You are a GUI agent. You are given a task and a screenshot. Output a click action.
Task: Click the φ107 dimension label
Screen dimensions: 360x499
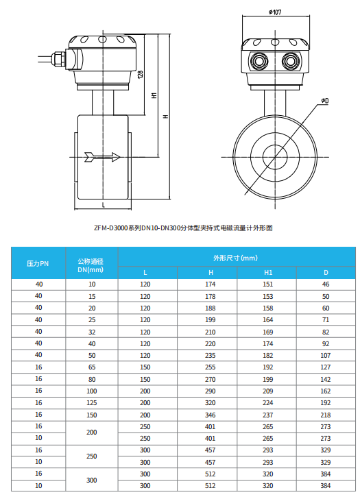(275, 12)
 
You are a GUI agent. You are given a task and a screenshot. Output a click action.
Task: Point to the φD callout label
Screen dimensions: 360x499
(324, 101)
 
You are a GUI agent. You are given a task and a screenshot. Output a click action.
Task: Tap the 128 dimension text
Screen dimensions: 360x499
(141, 74)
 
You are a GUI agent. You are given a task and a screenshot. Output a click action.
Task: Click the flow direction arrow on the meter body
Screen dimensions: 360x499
(102, 157)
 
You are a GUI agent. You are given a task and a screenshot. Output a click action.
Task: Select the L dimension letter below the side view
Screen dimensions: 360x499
(103, 205)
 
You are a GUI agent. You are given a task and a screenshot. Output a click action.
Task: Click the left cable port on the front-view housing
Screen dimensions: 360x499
(259, 61)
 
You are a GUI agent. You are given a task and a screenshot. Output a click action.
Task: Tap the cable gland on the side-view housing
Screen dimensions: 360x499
(59, 58)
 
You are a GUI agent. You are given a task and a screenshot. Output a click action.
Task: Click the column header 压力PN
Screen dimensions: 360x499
(38, 263)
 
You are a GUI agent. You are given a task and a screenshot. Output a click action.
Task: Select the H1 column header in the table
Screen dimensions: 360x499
(268, 273)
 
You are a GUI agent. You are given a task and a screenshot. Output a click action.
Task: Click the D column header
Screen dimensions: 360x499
(326, 273)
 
